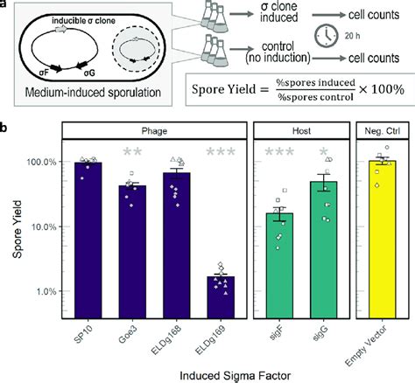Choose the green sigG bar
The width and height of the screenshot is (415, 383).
(321, 245)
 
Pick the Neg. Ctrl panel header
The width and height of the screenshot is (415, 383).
(382, 129)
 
